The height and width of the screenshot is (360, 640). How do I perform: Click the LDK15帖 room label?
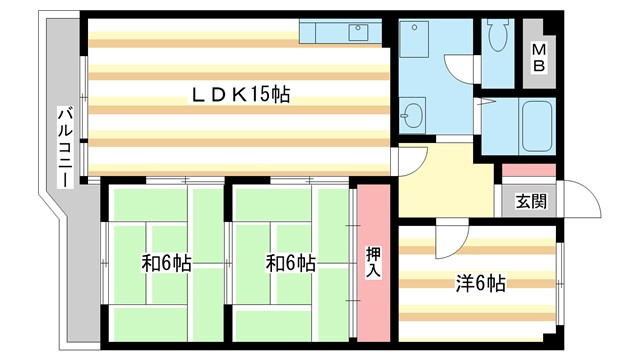[x=241, y=95]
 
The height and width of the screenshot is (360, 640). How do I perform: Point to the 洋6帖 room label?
[x=480, y=283]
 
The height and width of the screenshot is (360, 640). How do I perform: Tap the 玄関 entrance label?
[x=531, y=200]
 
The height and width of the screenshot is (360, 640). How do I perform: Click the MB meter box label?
[x=539, y=58]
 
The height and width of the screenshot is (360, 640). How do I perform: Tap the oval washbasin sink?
[x=413, y=114]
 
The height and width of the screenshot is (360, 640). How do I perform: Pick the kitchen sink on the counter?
[x=359, y=31]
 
